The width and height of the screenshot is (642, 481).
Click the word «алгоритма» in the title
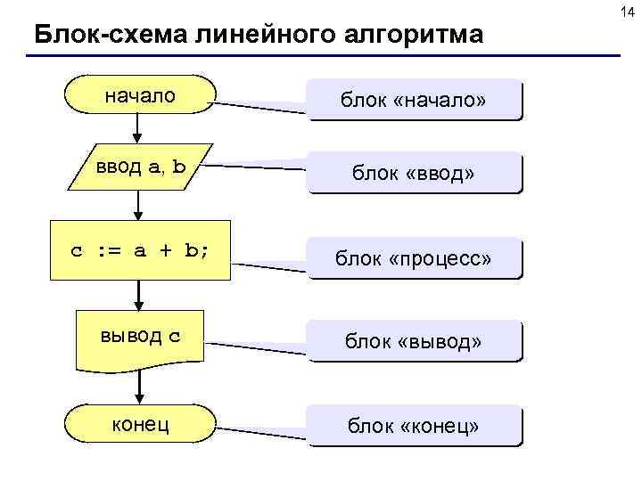pos(419,36)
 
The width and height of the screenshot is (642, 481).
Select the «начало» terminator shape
pos(140,94)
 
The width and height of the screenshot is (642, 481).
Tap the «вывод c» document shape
pos(140,338)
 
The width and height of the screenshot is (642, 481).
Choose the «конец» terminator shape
pos(140,424)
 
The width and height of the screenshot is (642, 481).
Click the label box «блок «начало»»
pos(413,100)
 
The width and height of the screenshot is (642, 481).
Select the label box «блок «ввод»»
pos(413,173)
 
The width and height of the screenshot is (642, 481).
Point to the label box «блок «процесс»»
pos(413,258)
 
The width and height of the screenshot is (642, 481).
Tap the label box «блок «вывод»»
pos(413,340)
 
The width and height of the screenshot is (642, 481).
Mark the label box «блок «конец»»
pos(413,428)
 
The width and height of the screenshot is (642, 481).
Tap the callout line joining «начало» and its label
pos(261,107)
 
